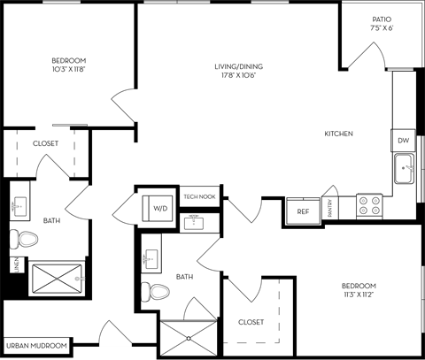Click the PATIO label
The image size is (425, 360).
tap(382, 19)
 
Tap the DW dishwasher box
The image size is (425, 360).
tap(403, 141)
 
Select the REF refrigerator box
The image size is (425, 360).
tap(302, 212)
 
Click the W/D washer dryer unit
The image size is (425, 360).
tap(160, 208)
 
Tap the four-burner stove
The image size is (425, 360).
tap(369, 206)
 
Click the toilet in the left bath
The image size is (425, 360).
tap(24, 238)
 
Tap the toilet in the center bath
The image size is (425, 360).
tap(158, 291)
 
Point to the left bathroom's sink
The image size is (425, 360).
tap(21, 206)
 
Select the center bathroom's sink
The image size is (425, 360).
tap(151, 258)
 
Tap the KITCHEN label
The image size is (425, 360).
tap(338, 134)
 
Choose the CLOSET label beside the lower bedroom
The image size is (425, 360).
tap(251, 322)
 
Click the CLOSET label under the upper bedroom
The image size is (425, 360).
tap(45, 142)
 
